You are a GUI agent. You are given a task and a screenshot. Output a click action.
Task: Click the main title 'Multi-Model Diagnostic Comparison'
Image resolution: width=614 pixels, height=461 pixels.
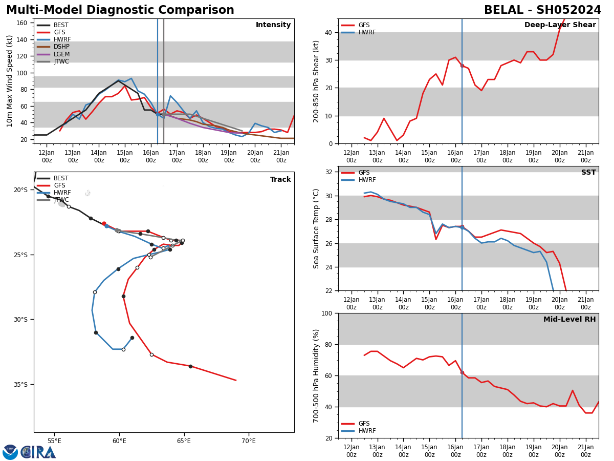point(120,10)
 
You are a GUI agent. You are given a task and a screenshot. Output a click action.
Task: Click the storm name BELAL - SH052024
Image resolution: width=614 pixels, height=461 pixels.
point(542,10)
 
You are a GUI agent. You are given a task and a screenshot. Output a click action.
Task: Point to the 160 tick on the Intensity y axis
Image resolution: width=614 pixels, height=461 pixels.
point(22,23)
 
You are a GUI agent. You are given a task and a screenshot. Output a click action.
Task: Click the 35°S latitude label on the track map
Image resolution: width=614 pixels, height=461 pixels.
point(21,384)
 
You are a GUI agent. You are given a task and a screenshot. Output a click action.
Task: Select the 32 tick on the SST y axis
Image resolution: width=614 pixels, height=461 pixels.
point(330,172)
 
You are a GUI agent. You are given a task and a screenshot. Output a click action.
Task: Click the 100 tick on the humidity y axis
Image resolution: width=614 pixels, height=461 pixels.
point(326,313)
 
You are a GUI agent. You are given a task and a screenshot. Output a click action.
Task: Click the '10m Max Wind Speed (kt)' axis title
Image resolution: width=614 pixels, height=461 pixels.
point(10,81)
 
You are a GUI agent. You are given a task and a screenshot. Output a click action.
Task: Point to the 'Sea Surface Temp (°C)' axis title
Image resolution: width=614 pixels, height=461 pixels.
point(316,228)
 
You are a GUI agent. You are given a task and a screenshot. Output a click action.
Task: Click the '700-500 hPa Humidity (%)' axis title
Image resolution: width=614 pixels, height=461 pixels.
point(316,375)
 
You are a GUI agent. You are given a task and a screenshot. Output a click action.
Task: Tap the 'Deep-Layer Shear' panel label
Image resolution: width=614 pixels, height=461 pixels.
point(560,25)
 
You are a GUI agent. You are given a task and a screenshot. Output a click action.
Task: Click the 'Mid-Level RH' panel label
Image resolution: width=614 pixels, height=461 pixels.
point(569,320)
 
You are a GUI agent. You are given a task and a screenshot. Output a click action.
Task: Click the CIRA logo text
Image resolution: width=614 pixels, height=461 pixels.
point(38,452)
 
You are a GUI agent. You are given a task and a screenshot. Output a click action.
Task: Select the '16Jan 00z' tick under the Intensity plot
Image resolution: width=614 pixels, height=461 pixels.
point(150,156)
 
